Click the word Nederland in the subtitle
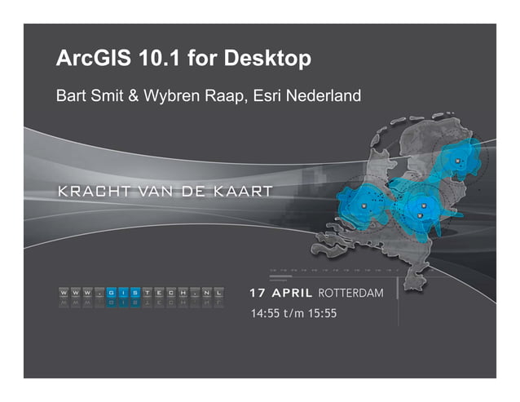coord(327,97)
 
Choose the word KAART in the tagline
coord(245,192)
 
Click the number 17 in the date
coord(256,292)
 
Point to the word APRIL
coord(289,292)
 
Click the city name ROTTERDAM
coord(350,292)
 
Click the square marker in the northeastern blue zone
coord(457,161)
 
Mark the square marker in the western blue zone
coord(364,206)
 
